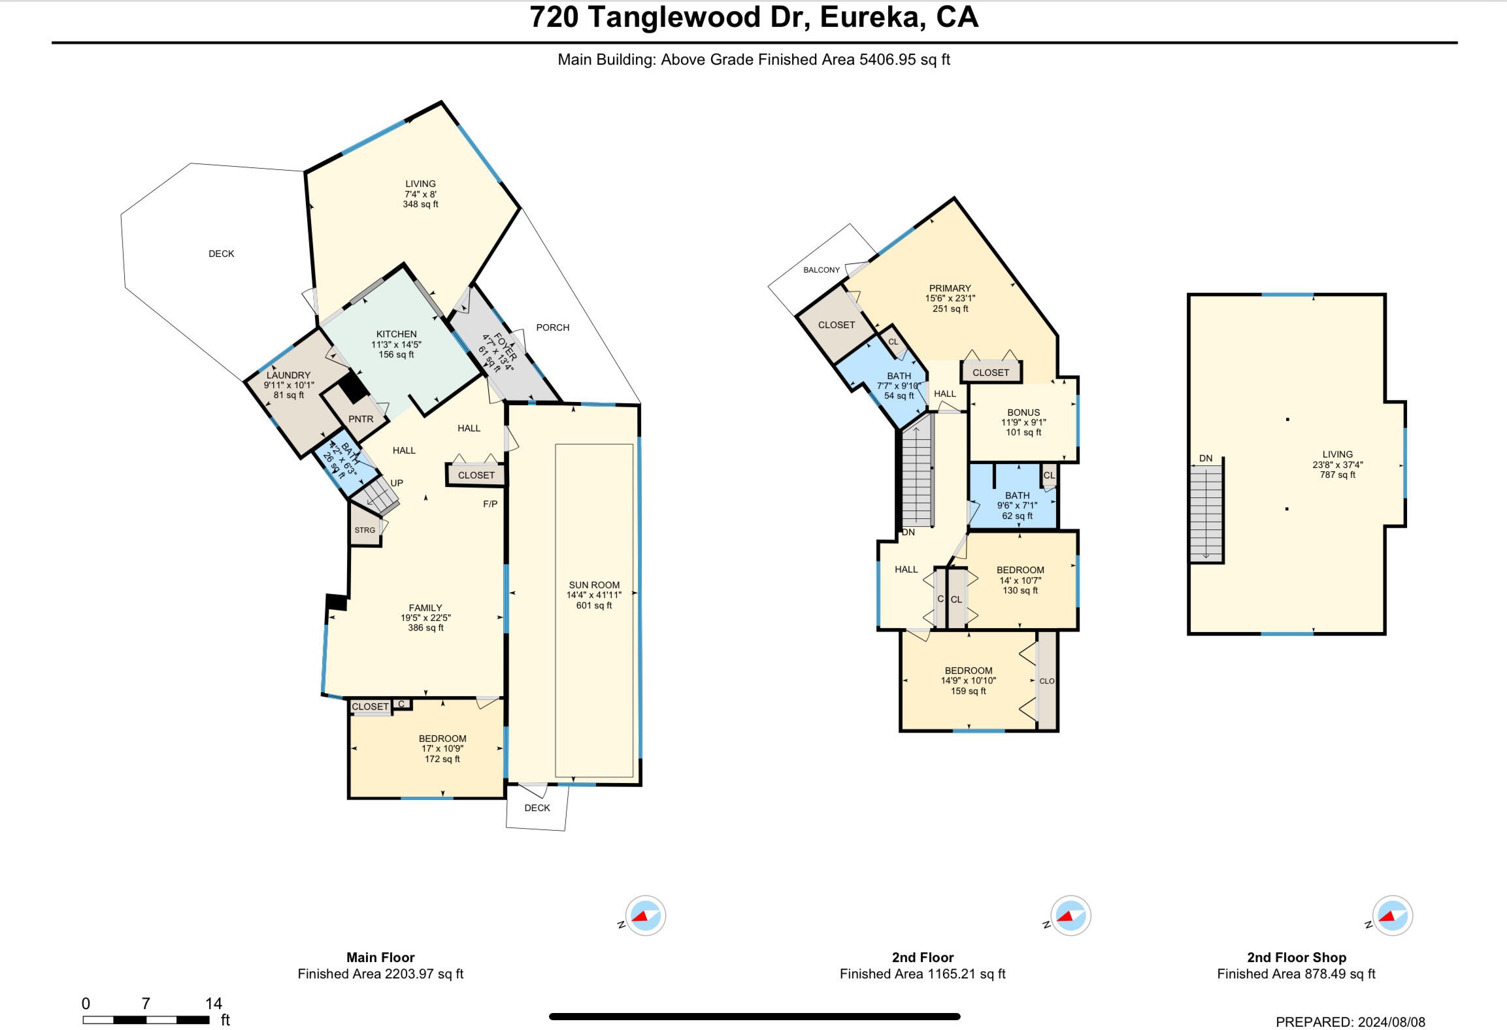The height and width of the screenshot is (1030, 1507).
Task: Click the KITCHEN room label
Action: point(396,334)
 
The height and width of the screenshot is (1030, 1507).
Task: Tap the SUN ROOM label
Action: point(594,585)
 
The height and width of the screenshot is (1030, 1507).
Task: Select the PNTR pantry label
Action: point(361,419)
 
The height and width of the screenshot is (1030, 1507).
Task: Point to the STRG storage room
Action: point(365,530)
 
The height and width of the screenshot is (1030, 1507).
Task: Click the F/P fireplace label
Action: point(490,504)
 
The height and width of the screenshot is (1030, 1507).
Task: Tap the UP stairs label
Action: point(397,483)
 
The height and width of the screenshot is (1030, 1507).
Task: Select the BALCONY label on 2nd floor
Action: point(821,270)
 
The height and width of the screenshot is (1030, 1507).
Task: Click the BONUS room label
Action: point(1023,412)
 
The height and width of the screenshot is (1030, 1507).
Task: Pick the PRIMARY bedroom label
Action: point(950,288)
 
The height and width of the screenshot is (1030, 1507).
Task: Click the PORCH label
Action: point(553,327)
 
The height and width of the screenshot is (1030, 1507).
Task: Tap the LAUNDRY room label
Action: point(288,375)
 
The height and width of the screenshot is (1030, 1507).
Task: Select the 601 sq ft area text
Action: point(594,606)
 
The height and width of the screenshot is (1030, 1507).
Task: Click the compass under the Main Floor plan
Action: point(646,916)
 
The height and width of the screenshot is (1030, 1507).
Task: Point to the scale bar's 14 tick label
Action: point(214,1003)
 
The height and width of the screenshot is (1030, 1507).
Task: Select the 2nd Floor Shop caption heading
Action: point(1297,957)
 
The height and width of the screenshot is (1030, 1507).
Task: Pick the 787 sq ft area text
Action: point(1337,475)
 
